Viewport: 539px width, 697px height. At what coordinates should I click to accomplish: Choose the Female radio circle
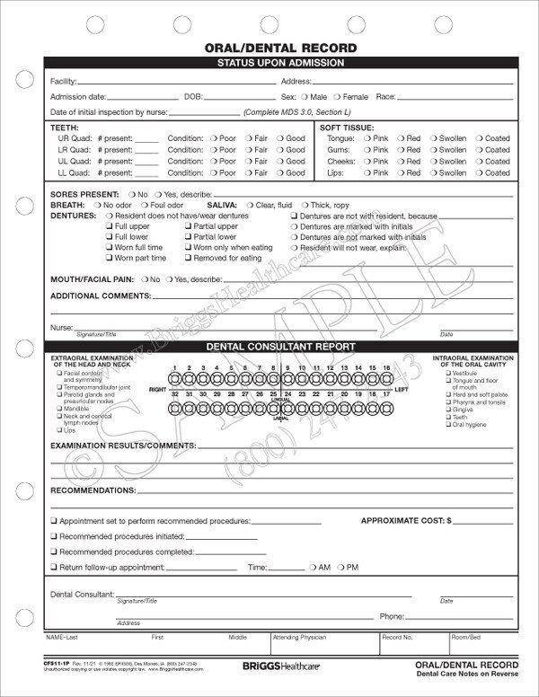click(x=337, y=95)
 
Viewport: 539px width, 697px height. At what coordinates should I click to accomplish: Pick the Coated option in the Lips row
click(x=480, y=172)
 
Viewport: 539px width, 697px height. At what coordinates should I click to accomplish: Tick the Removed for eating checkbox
click(x=186, y=258)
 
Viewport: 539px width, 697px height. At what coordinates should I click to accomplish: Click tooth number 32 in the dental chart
click(x=178, y=404)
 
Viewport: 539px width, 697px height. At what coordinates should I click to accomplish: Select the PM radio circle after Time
click(x=340, y=568)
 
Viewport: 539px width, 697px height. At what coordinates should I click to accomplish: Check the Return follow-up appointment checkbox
click(x=55, y=568)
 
